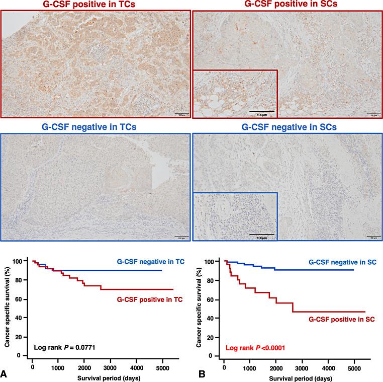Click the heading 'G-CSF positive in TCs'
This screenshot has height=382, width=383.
(x=95, y=5)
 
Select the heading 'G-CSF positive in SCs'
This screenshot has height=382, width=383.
(x=287, y=5)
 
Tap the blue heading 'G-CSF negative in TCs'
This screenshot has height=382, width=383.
(x=95, y=127)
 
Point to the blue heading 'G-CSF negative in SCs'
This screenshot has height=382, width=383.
(x=287, y=127)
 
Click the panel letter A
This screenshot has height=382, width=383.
(x=5, y=374)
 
